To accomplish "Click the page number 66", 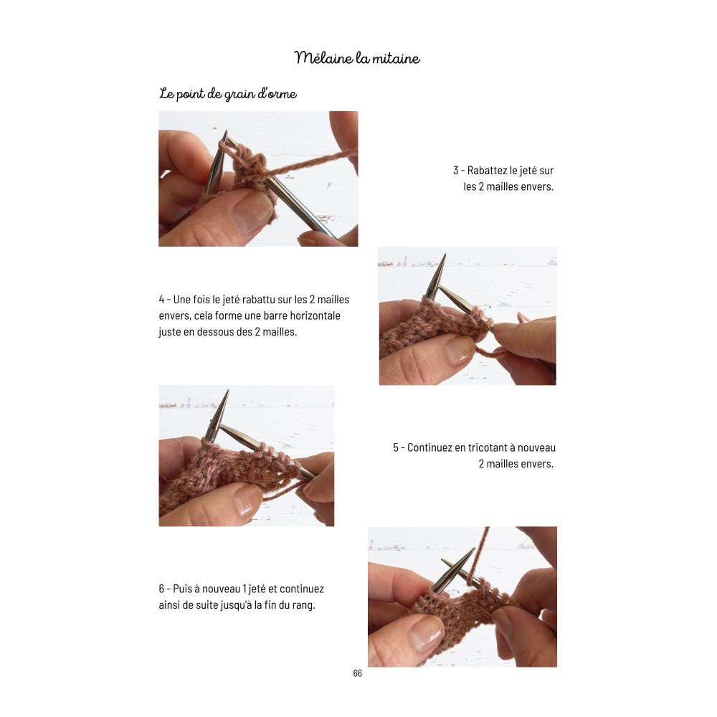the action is click(x=358, y=673).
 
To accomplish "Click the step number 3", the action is click(x=456, y=171).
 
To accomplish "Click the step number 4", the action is click(x=161, y=300).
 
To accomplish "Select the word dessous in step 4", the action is click(x=217, y=331).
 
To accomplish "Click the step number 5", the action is click(x=396, y=447).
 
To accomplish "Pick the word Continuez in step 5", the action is click(x=428, y=447).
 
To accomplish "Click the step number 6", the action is click(x=161, y=589).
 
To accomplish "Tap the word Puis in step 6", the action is click(x=182, y=589).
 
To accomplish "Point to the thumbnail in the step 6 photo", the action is click(x=426, y=632).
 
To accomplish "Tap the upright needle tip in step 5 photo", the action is click(x=227, y=391).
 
